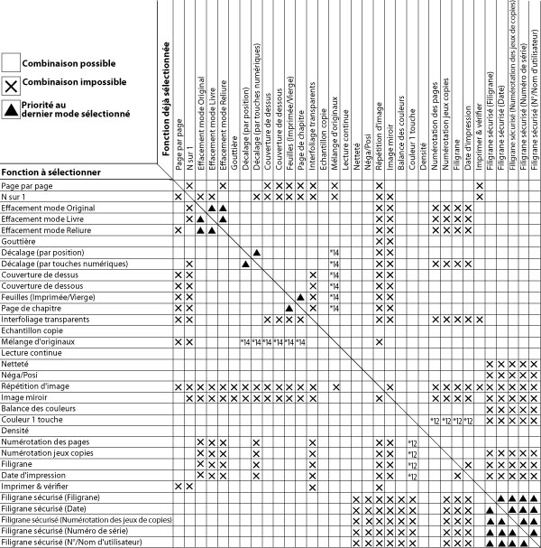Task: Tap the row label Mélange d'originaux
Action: [37, 341]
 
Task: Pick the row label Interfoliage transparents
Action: [46, 319]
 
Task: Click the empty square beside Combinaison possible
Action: [11, 62]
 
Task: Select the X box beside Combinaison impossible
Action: [11, 88]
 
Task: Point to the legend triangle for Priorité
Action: [11, 111]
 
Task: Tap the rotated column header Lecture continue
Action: [346, 127]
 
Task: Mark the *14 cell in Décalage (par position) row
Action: [334, 252]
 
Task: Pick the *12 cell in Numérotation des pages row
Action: [411, 441]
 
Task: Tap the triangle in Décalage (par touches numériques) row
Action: [245, 264]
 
